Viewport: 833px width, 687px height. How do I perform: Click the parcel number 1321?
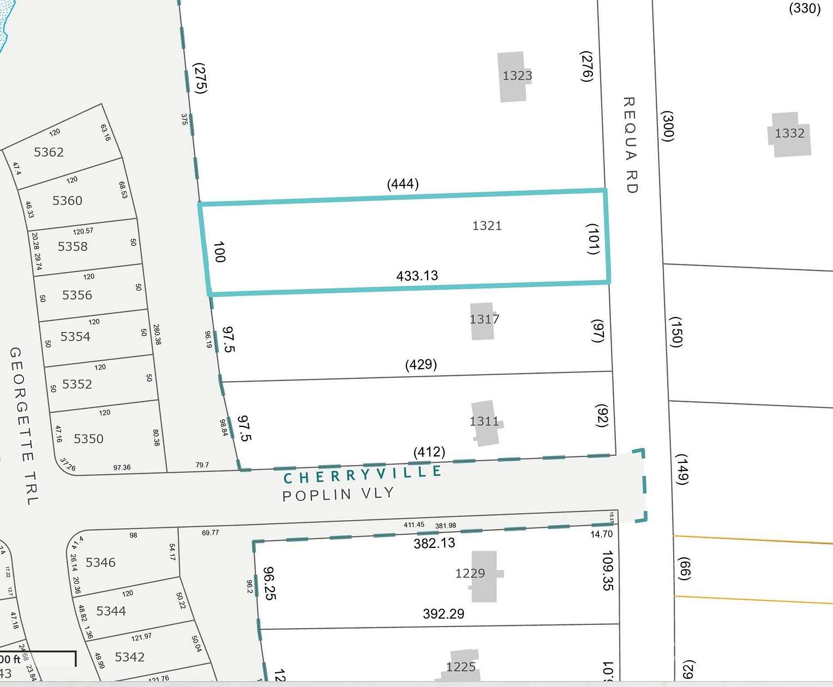click(487, 226)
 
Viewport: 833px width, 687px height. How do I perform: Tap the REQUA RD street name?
click(630, 145)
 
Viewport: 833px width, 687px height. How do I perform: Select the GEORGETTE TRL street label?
click(23, 426)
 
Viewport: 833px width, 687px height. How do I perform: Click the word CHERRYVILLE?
click(362, 475)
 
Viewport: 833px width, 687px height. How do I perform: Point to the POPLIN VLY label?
click(338, 495)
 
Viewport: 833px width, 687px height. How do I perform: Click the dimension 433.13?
click(417, 276)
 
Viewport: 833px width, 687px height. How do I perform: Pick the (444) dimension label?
click(403, 184)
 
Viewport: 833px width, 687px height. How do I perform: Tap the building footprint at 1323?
click(513, 77)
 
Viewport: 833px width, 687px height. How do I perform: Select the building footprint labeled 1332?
click(790, 135)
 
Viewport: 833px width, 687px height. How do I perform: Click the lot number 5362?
click(49, 152)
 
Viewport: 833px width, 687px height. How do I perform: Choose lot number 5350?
click(88, 439)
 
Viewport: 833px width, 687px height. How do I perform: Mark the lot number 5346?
click(100, 562)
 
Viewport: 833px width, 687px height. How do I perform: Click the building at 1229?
click(484, 576)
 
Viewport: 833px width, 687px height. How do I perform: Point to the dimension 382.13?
click(434, 543)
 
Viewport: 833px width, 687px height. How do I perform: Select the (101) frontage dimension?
click(594, 239)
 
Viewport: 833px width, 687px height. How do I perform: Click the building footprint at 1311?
click(486, 423)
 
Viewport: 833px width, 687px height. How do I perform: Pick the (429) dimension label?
click(421, 364)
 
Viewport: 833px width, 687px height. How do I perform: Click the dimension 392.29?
click(444, 614)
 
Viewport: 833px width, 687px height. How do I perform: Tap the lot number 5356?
click(77, 295)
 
